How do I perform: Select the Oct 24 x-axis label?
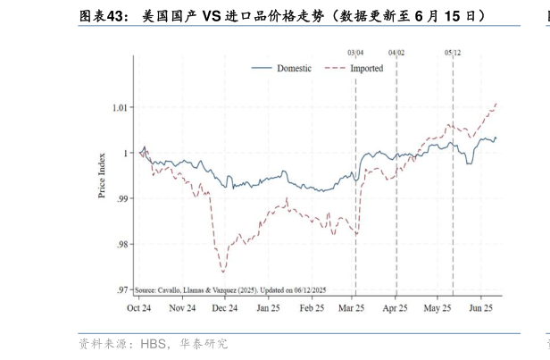(x=138, y=308)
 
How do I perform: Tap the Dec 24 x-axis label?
(x=224, y=308)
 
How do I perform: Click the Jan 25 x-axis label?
(x=268, y=308)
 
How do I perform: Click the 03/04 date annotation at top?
(x=355, y=54)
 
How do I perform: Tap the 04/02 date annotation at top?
(x=396, y=54)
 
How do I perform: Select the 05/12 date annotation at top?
(x=453, y=54)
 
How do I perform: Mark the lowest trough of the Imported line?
(x=223, y=272)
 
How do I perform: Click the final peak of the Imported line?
(x=496, y=104)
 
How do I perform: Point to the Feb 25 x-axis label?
(x=312, y=308)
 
